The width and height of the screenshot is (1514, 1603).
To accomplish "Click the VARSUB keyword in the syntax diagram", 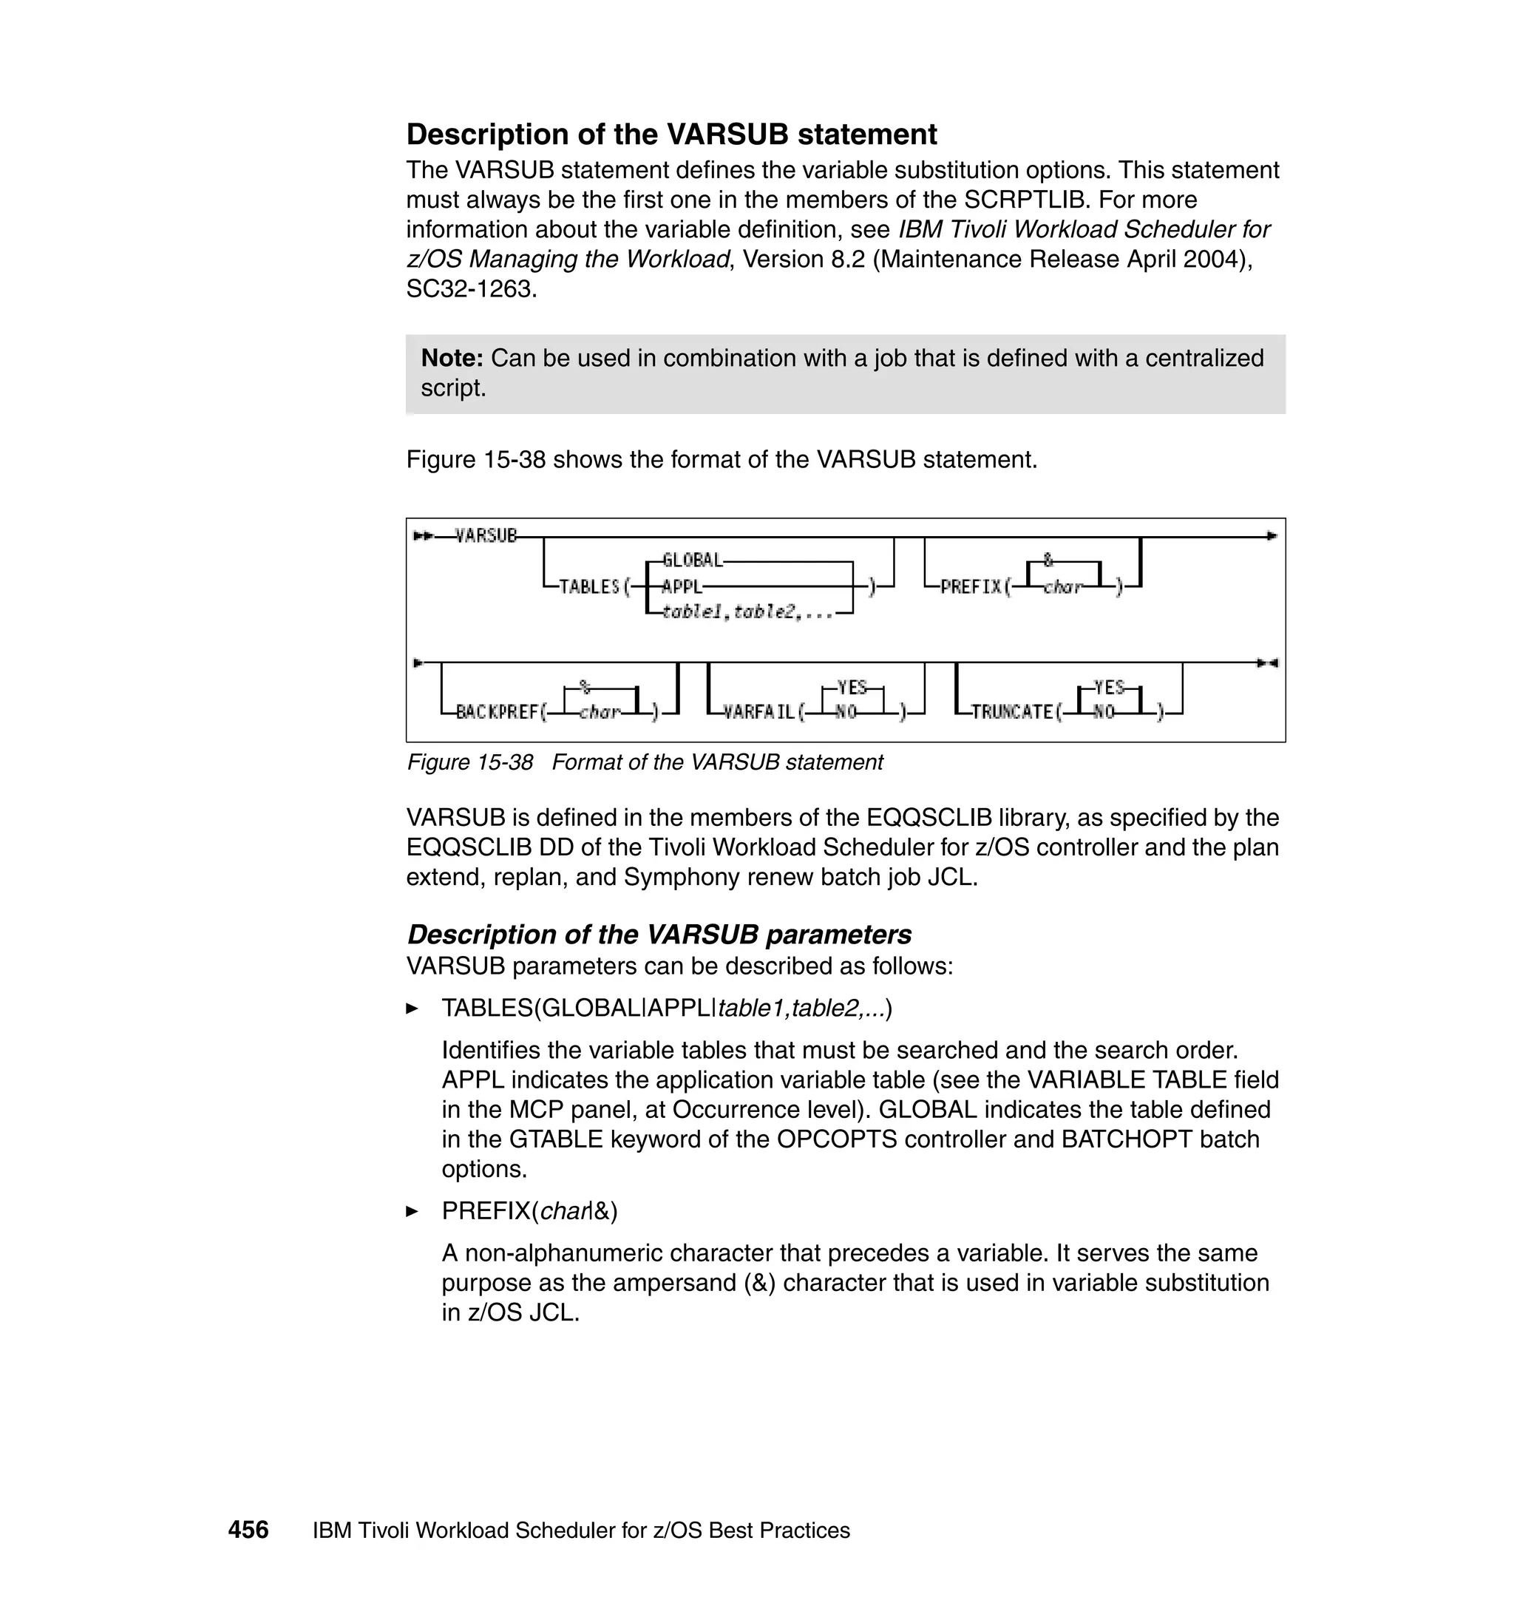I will pos(486,535).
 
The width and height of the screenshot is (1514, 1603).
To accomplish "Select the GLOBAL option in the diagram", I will pos(692,560).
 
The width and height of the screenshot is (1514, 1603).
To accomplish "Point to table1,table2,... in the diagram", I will pos(747,613).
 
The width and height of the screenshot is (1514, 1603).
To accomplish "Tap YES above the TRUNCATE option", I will pos(1109,687).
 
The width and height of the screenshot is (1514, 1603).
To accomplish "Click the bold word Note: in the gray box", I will pos(452,358).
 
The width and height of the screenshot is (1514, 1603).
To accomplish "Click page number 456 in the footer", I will pos(248,1530).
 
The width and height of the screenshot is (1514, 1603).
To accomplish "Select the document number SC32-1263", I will pos(470,289).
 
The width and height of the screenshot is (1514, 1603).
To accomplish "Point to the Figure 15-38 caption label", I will pos(469,762).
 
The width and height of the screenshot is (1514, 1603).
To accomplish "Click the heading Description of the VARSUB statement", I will pos(671,134).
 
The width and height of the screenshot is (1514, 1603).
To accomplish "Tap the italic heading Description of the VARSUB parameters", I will pos(659,934).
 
